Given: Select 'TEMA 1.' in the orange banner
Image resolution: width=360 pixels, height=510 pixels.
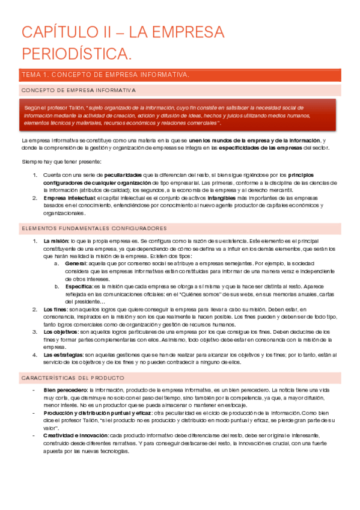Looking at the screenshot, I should tap(35, 75).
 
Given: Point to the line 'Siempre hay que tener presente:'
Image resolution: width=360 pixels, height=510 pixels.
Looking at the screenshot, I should tap(59, 162).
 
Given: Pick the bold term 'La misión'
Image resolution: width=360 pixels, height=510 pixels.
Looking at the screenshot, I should tap(55, 241).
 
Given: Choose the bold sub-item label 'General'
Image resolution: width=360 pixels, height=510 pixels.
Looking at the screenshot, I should tap(76, 263).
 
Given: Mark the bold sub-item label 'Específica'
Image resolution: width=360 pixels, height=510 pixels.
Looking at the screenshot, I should tap(79, 286).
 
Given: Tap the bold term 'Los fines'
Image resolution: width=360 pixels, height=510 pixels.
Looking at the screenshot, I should tap(55, 309).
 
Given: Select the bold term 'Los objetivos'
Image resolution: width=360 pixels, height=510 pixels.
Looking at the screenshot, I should tap(61, 331).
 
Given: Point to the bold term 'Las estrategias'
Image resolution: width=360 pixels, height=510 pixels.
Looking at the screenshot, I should tap(64, 355).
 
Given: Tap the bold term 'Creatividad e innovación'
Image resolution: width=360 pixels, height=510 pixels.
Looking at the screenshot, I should tap(75, 435).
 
